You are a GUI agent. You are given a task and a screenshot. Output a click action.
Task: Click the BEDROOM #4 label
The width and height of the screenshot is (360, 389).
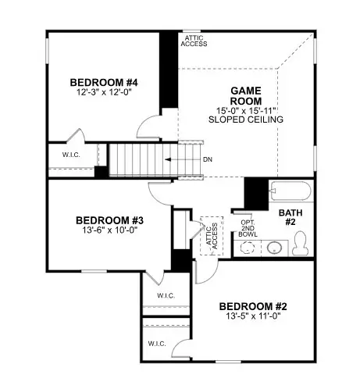[x=104, y=83]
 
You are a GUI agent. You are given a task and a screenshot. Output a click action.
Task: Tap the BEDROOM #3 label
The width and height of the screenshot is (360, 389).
[x=109, y=220]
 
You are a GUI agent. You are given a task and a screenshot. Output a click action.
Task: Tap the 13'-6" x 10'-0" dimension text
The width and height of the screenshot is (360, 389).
[x=109, y=231]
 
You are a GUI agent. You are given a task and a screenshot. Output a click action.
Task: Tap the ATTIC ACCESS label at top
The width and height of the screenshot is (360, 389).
[x=194, y=41]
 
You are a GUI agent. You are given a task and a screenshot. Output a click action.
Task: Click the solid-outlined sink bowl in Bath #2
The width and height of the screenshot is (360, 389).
[x=273, y=248]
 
